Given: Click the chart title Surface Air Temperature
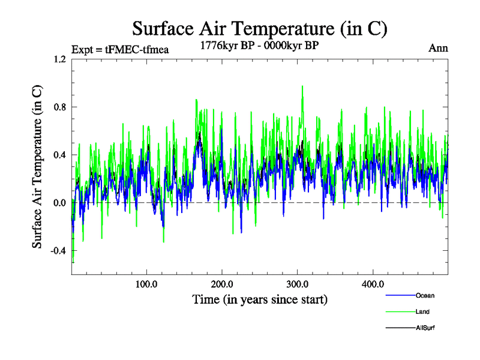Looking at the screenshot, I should pyautogui.click(x=259, y=28).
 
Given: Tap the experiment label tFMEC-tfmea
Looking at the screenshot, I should pyautogui.click(x=119, y=49).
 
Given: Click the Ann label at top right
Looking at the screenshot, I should pyautogui.click(x=438, y=48).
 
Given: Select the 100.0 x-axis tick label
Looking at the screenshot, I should pyautogui.click(x=146, y=284).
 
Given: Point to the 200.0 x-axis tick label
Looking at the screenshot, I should pyautogui.click(x=222, y=284).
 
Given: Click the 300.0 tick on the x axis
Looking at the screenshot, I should pyautogui.click(x=298, y=284).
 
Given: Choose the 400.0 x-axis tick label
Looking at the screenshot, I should pyautogui.click(x=373, y=284).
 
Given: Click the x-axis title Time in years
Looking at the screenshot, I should pyautogui.click(x=260, y=298).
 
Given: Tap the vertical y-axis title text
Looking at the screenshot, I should pyautogui.click(x=37, y=167).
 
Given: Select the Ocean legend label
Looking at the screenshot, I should pyautogui.click(x=424, y=295).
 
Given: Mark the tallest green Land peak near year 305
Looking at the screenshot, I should pyautogui.click(x=302, y=86).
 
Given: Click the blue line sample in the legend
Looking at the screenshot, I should pyautogui.click(x=399, y=295).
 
